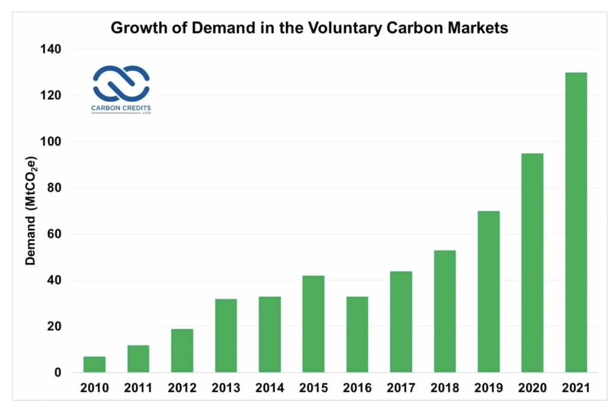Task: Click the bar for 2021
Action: pos(576,222)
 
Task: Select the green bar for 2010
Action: pos(94,364)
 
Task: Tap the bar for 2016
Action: pos(357,334)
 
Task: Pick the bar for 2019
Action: pos(489,291)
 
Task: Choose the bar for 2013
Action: pos(225,336)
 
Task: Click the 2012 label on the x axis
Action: pos(182,388)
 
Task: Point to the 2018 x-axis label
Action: pos(445,388)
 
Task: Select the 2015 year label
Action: pos(314,388)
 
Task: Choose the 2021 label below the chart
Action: pos(576,388)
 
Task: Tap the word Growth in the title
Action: pos(136,28)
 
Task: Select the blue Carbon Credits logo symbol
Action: pos(121,84)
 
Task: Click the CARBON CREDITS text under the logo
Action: pos(121,108)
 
